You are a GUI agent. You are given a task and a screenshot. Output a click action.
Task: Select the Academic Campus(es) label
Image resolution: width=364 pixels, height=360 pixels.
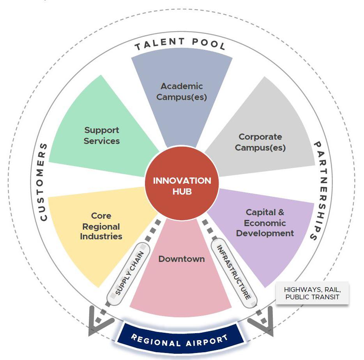point(182,91)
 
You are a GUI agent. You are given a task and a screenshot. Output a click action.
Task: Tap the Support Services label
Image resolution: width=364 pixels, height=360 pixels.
point(101,135)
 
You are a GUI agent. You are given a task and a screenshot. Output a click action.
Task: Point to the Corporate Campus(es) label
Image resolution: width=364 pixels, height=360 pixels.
point(260,142)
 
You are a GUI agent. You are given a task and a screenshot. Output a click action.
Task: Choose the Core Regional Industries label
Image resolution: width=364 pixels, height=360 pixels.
point(101,226)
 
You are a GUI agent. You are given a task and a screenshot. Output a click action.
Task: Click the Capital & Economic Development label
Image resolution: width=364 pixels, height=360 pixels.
point(265,223)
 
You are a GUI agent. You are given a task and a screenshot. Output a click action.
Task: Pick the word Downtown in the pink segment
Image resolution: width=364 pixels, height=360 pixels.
point(181,259)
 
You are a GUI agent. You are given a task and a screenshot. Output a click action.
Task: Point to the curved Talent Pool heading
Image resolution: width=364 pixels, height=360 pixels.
point(180,44)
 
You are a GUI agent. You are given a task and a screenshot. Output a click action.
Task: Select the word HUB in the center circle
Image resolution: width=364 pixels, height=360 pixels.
point(182,192)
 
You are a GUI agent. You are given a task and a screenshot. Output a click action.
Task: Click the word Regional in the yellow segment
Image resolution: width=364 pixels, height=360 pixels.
point(101,226)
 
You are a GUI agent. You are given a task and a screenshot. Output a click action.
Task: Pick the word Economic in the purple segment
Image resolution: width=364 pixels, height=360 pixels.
point(265,223)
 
